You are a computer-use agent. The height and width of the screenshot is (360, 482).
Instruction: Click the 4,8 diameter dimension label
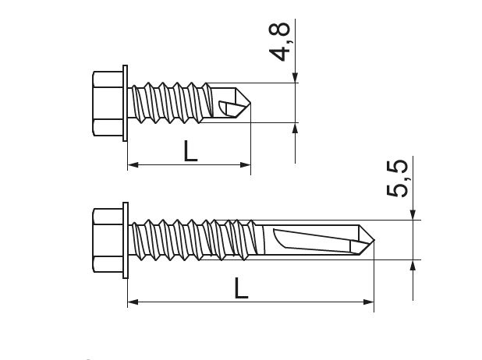(282, 41)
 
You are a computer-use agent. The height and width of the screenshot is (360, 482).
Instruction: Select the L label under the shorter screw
(190, 150)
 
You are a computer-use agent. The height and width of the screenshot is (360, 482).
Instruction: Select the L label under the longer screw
(241, 288)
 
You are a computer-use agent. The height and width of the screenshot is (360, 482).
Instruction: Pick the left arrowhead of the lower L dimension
(133, 302)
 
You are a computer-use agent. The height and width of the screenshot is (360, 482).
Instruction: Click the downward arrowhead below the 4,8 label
(296, 77)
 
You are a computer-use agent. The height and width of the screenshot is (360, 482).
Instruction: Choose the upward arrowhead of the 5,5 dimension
(413, 265)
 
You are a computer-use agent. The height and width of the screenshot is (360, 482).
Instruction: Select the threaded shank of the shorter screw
(172, 103)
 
